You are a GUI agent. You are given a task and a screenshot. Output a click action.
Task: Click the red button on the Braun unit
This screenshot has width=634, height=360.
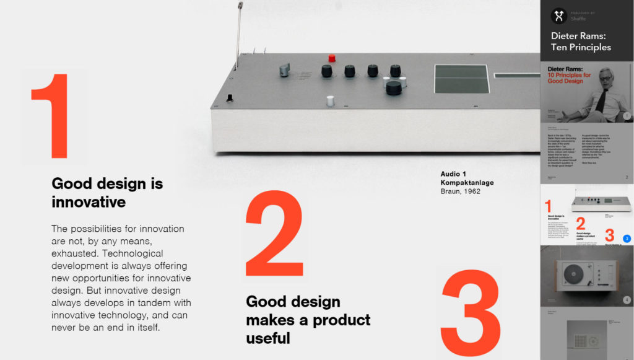(x=332, y=58)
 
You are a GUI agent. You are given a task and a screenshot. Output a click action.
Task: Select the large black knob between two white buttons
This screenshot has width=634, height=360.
(x=394, y=87)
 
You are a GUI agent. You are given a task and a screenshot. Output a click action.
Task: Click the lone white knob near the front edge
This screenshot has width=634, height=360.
(x=331, y=100)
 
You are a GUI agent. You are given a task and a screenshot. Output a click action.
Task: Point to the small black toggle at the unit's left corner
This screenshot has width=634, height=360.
(x=231, y=97)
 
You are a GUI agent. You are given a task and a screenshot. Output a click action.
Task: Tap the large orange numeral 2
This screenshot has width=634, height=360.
(x=275, y=234)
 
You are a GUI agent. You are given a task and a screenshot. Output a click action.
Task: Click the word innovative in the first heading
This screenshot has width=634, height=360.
(x=89, y=202)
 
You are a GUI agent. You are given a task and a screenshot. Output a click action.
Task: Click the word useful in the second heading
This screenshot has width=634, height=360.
(x=268, y=338)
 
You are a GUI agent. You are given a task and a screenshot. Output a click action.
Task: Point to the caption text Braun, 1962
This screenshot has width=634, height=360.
(x=460, y=191)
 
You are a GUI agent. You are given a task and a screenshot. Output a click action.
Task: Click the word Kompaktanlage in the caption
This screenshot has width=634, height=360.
(x=467, y=183)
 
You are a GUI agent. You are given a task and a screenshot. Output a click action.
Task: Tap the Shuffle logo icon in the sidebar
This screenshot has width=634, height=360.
(x=559, y=15)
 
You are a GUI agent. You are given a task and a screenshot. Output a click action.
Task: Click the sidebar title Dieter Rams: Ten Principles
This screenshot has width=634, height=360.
(x=581, y=42)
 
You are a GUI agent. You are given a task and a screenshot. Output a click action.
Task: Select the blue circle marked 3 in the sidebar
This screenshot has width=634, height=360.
(x=627, y=238)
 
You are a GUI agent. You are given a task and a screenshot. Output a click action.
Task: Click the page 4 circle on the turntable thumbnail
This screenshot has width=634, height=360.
(x=627, y=300)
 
